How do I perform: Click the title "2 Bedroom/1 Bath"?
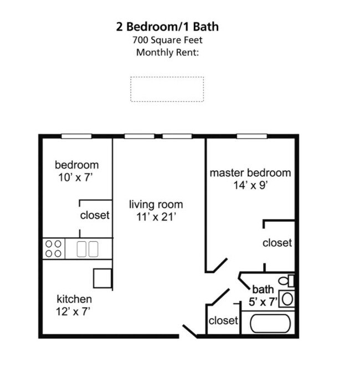tap(167, 27)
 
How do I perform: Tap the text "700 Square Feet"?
tap(167, 40)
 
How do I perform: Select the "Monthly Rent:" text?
tap(167, 53)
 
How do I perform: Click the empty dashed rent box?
tap(167, 89)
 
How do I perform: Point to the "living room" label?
tap(156, 205)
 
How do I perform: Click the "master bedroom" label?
tap(250, 173)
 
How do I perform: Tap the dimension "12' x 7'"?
tap(73, 311)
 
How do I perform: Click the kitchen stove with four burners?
tap(53, 248)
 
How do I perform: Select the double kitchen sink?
tap(88, 248)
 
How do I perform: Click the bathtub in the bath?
tap(270, 323)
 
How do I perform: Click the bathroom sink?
tap(286, 299)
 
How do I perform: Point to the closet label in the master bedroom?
tap(277, 243)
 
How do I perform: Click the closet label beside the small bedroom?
tap(95, 215)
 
